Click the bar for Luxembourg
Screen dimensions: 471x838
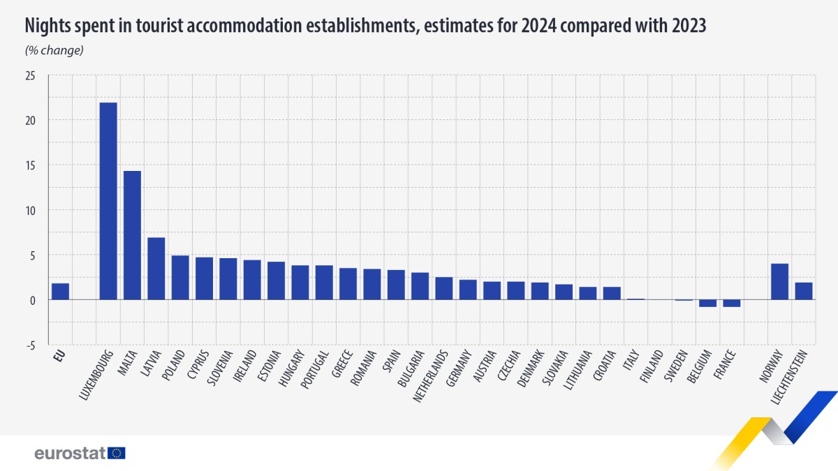click(108, 201)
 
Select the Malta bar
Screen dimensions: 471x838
click(132, 235)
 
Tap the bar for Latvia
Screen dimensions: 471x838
click(156, 269)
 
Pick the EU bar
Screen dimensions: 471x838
click(60, 291)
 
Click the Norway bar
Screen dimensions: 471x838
click(779, 281)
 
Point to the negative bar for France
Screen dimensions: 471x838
click(731, 303)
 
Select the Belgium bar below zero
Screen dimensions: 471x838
click(707, 303)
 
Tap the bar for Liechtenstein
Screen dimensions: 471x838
click(803, 291)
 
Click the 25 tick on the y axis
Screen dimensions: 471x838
click(29, 75)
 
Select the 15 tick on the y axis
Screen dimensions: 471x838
click(29, 165)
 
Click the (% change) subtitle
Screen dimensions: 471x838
click(54, 50)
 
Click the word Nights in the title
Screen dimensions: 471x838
click(47, 27)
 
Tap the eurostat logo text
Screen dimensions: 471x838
click(70, 453)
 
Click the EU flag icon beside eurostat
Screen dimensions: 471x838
click(117, 453)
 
